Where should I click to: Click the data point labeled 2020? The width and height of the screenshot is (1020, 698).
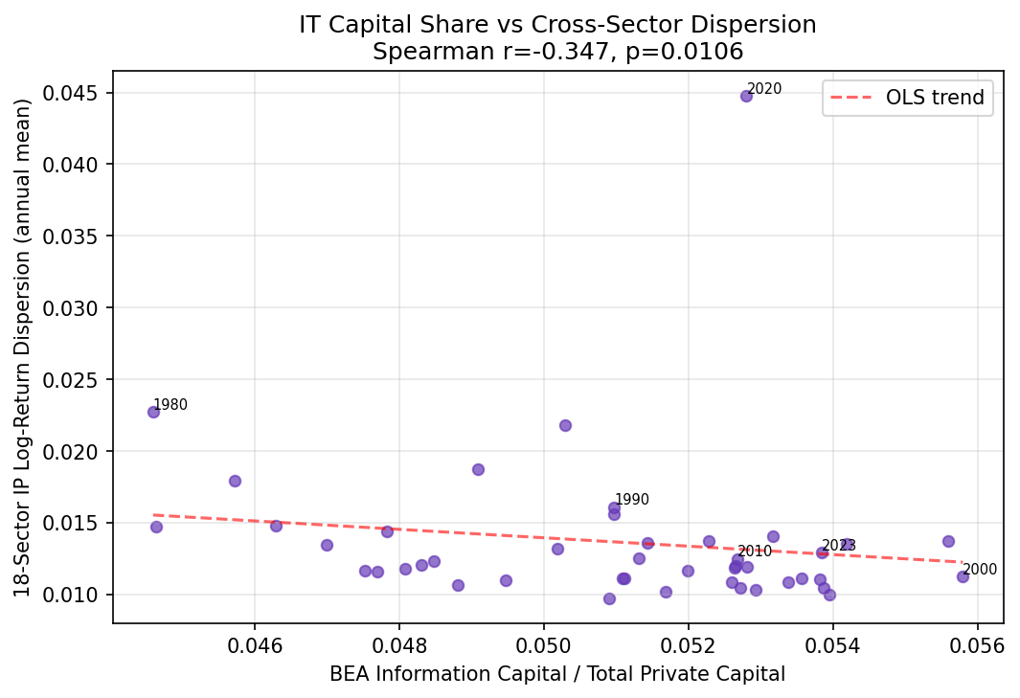746,96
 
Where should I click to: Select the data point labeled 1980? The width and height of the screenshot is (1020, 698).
153,412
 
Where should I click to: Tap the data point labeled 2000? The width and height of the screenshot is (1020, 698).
963,576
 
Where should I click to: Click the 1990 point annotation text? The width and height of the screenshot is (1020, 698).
631,500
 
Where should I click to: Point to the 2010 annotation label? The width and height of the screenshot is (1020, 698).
754,552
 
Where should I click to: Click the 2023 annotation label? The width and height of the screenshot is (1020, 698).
838,546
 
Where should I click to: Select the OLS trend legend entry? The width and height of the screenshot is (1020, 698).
907,98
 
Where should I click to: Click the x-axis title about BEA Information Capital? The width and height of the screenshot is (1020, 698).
557,674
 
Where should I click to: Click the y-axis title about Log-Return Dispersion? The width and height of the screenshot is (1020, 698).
23,347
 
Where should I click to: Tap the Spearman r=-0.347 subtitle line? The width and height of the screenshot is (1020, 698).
557,51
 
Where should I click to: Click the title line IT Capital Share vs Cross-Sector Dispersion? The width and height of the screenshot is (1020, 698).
557,25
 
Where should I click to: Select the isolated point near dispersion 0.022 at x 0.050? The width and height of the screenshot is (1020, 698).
565,425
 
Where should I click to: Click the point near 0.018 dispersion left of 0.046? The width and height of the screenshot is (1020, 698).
235,481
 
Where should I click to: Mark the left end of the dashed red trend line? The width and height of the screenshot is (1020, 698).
154,515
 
